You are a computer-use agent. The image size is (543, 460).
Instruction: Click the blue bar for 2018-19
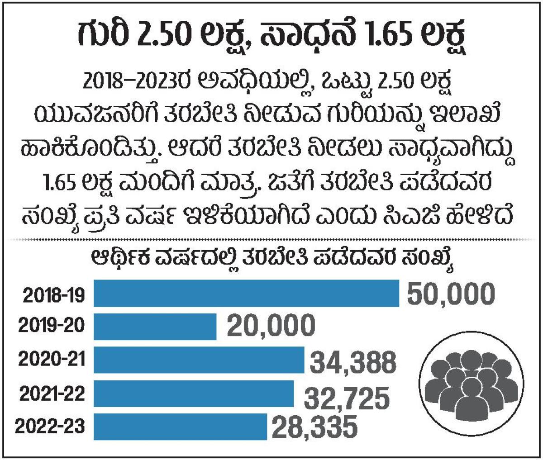(246, 294)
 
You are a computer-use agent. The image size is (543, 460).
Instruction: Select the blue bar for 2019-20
(155, 326)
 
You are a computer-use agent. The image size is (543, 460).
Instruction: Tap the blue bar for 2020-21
(199, 360)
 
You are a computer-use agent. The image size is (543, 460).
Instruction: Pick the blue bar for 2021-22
(194, 394)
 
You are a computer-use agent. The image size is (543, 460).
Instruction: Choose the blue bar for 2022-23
(180, 427)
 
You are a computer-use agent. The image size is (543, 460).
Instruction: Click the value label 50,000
(450, 294)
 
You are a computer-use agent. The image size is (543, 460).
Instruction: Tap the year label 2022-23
(50, 427)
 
